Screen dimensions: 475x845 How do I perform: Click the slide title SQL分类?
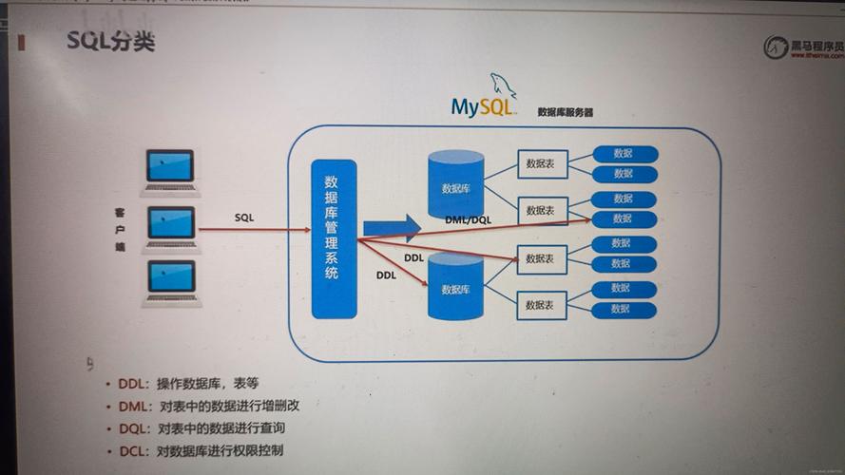110,43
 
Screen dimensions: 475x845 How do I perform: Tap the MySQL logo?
484,100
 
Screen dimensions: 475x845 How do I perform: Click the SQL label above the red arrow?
244,217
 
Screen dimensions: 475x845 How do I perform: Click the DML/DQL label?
468,219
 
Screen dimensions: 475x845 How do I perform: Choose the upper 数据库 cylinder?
456,185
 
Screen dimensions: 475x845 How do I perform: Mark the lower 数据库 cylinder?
456,289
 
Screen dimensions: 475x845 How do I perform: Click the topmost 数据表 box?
542,163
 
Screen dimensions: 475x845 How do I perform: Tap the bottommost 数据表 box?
542,305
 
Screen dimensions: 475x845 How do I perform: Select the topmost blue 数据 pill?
624,153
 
